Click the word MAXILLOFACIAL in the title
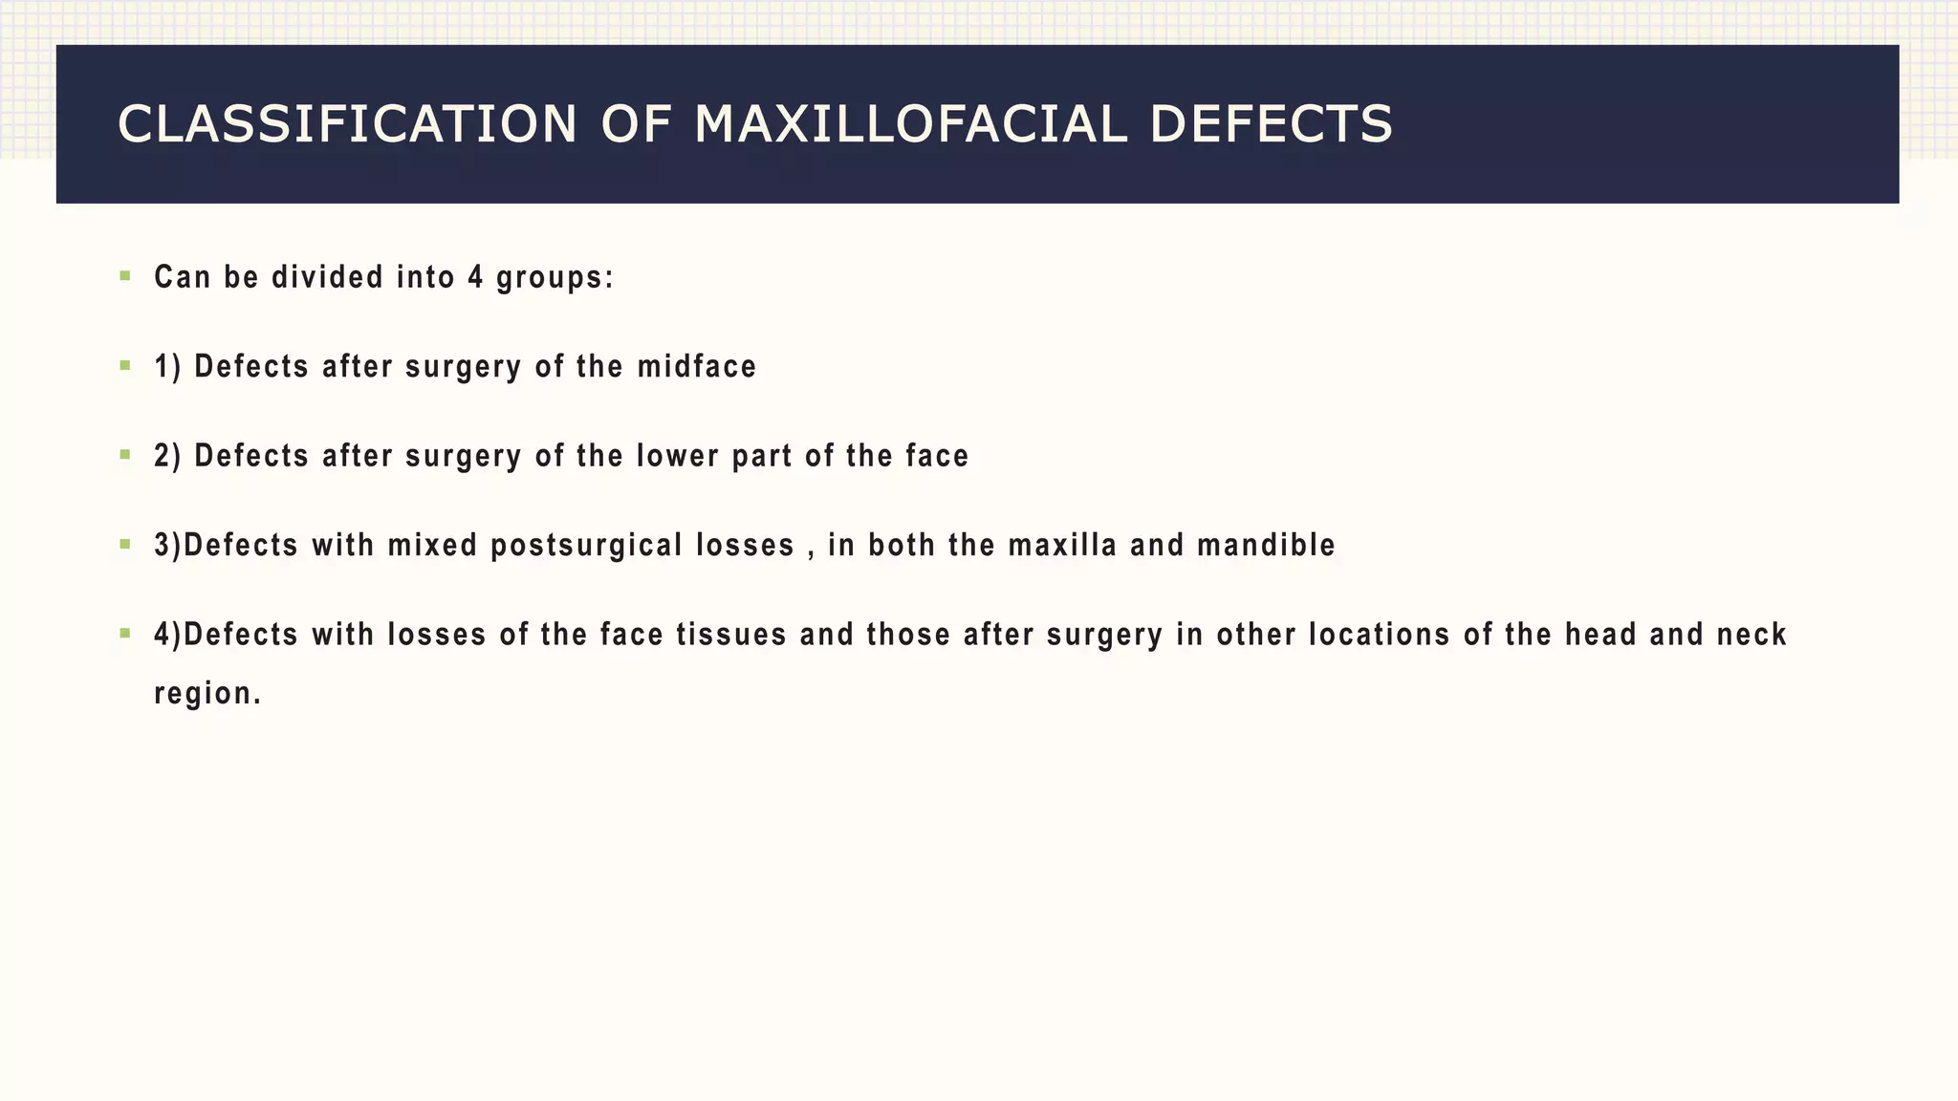point(910,125)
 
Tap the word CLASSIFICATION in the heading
point(347,125)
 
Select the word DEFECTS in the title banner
point(1271,125)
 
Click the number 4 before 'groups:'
point(475,277)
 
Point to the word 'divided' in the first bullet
point(328,277)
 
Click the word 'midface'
point(697,366)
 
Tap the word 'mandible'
point(1266,545)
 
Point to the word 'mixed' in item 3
point(432,545)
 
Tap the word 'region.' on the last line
point(207,694)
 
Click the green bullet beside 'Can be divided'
point(125,276)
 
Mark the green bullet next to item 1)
point(125,365)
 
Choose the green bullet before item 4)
point(125,633)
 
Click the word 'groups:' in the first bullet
point(555,278)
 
